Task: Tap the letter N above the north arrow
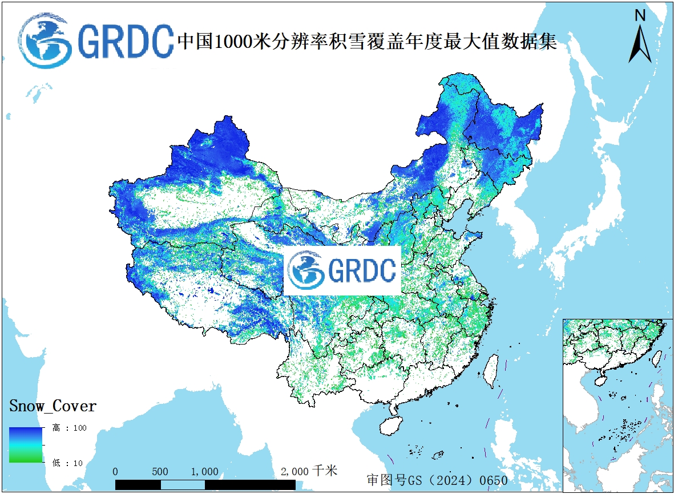[x=640, y=16]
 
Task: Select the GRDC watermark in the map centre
[x=342, y=271]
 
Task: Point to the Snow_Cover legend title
[x=53, y=406]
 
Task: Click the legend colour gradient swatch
[x=26, y=444]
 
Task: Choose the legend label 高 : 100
[x=70, y=428]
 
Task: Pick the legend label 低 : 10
[x=67, y=463]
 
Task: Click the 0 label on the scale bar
[x=116, y=472]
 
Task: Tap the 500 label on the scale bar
[x=160, y=472]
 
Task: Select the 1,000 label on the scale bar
[x=204, y=472]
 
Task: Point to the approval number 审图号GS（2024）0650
[x=437, y=480]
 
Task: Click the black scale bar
[x=205, y=485]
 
